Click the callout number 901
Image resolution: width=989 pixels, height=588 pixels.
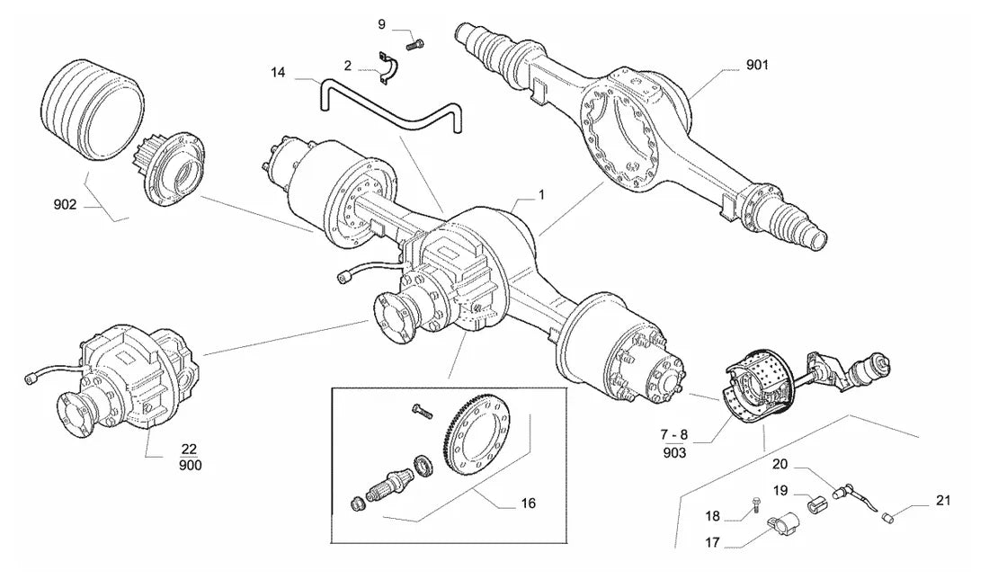757,65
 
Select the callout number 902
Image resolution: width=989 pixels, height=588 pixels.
65,204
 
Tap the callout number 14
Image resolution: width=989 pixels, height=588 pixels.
278,73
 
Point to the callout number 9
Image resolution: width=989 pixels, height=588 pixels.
381,24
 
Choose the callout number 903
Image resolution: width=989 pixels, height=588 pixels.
674,452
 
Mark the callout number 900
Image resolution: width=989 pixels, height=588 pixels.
189,466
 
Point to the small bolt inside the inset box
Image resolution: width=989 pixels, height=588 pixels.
422,411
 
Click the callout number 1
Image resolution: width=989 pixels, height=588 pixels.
541,196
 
